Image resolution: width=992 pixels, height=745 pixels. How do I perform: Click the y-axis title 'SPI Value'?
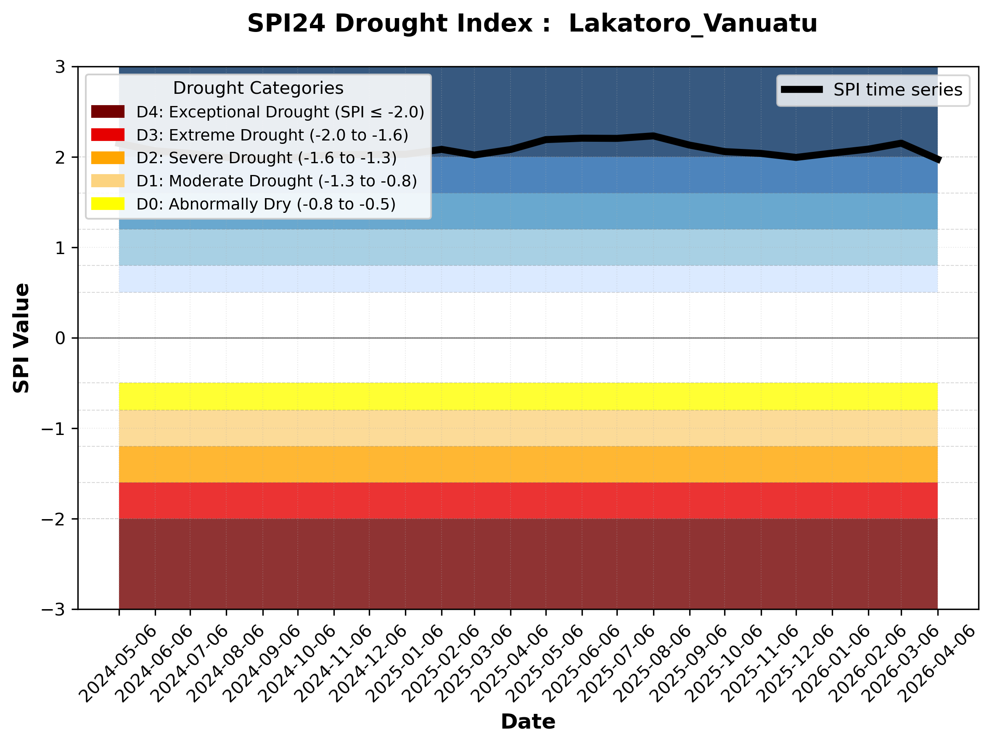pos(21,338)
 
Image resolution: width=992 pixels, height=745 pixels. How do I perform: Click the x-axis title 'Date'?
pos(528,722)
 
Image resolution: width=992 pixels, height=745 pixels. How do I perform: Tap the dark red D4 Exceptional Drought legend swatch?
pos(108,111)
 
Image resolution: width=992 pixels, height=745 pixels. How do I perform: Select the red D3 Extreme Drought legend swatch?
pos(108,135)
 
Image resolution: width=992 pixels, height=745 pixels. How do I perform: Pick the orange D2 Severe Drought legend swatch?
pos(108,158)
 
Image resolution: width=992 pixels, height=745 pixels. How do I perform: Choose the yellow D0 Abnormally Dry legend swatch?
pos(108,204)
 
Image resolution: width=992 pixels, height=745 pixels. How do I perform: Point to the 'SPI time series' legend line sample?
pos(802,90)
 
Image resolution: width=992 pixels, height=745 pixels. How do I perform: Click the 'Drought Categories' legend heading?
pos(258,88)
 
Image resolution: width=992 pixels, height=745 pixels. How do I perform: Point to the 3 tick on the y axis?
pos(60,67)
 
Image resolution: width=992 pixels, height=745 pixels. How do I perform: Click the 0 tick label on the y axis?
pos(60,338)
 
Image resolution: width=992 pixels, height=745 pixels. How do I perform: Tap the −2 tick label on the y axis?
pos(53,519)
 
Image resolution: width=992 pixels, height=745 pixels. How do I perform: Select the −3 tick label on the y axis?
pos(53,610)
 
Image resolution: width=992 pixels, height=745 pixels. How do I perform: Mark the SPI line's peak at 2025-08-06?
pos(653,136)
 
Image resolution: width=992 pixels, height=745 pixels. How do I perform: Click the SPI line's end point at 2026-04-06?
pos(937,160)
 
